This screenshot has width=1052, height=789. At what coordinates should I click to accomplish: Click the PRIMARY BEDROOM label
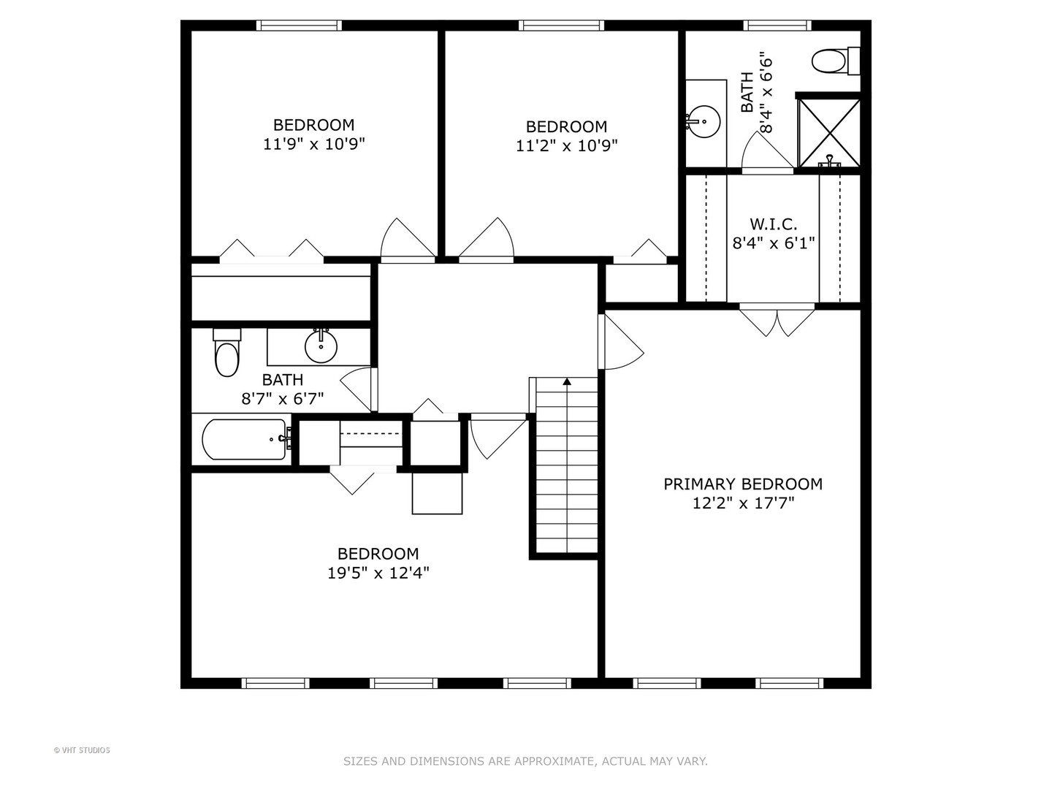(742, 484)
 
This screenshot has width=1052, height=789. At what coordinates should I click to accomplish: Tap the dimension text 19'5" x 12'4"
(378, 573)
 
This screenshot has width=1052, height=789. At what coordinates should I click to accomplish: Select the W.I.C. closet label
(774, 224)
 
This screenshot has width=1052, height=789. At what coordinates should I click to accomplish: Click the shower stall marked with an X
(828, 133)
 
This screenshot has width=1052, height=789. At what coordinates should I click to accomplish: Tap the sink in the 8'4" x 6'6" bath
(704, 122)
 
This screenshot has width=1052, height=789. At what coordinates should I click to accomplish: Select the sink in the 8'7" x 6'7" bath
(321, 346)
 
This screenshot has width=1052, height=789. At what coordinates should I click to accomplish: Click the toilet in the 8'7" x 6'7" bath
(226, 354)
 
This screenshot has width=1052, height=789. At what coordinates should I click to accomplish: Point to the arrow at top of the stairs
(567, 381)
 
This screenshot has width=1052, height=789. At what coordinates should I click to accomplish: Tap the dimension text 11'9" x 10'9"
(313, 144)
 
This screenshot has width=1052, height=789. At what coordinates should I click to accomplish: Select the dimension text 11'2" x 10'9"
(566, 145)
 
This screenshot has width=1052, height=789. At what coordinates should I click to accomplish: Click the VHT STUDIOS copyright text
(82, 750)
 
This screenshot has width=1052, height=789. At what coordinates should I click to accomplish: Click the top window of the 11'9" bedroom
(299, 26)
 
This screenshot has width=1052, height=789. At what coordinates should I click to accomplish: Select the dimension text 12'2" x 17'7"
(742, 503)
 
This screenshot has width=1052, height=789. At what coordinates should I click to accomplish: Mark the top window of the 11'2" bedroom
(562, 26)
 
